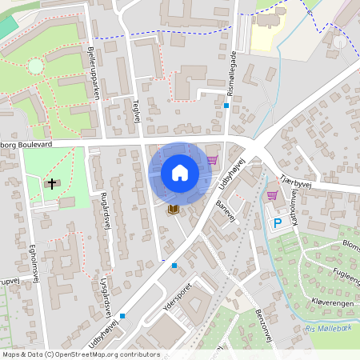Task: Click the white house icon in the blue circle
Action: pos(179,172)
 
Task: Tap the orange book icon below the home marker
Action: pos(173,209)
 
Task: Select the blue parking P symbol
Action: pos(278,223)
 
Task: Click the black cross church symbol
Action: pos(52,184)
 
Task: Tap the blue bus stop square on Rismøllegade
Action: pos(226,105)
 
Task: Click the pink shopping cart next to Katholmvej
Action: pos(272,194)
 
